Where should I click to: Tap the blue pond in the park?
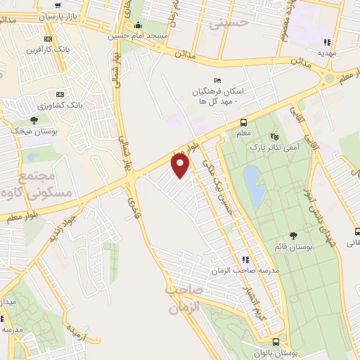pos(254,184)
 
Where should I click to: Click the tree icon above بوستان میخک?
pos(34,120)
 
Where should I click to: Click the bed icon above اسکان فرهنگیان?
pos(218,81)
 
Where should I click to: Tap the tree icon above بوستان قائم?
pos(293,236)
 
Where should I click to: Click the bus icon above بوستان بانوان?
pos(276,340)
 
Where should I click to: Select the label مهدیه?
pos(327,53)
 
